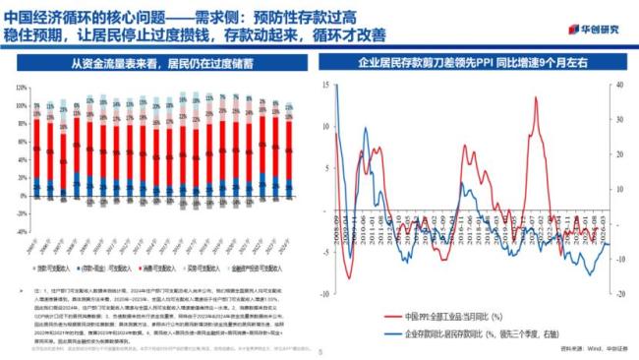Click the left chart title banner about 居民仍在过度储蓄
click(x=161, y=65)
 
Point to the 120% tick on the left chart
click(x=20, y=89)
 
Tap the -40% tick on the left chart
click(x=19, y=232)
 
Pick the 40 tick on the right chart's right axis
click(x=618, y=86)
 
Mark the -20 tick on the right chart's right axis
click(x=618, y=293)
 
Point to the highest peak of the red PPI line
click(x=535, y=97)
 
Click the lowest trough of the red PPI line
click(x=350, y=280)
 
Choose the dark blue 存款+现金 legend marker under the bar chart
click(x=77, y=269)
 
